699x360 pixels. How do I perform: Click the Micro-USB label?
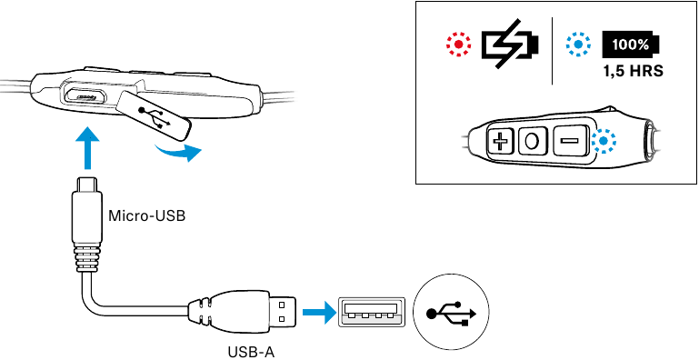[x=146, y=216]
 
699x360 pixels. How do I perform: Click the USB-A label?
[x=251, y=352]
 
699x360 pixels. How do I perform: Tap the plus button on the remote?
[x=502, y=143]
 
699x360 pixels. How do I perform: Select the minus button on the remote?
[x=569, y=141]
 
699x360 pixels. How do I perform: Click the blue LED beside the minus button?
[x=604, y=141]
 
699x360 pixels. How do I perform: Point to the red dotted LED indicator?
[x=459, y=45]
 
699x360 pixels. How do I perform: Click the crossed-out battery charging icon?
[x=510, y=44]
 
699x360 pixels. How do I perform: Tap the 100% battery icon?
[x=630, y=45]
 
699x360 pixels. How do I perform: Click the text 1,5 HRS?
[x=633, y=72]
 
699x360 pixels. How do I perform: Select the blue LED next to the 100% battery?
[x=579, y=45]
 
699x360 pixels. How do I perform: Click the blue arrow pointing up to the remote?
[x=87, y=147]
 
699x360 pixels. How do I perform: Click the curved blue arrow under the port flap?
[x=178, y=153]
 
